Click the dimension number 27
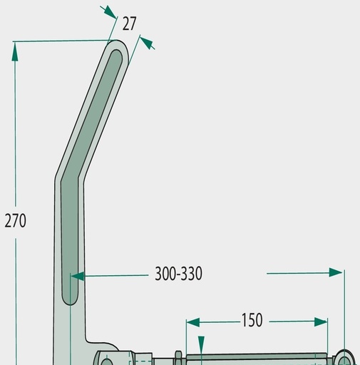(x=129, y=24)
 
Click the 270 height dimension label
(x=16, y=221)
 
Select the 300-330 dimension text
(x=178, y=274)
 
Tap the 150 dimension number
(x=252, y=320)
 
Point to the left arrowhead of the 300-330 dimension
(x=77, y=276)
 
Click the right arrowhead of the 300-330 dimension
(x=336, y=272)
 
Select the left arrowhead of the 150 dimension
(x=193, y=323)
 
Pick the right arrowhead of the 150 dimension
(x=321, y=322)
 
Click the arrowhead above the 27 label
(x=110, y=11)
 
